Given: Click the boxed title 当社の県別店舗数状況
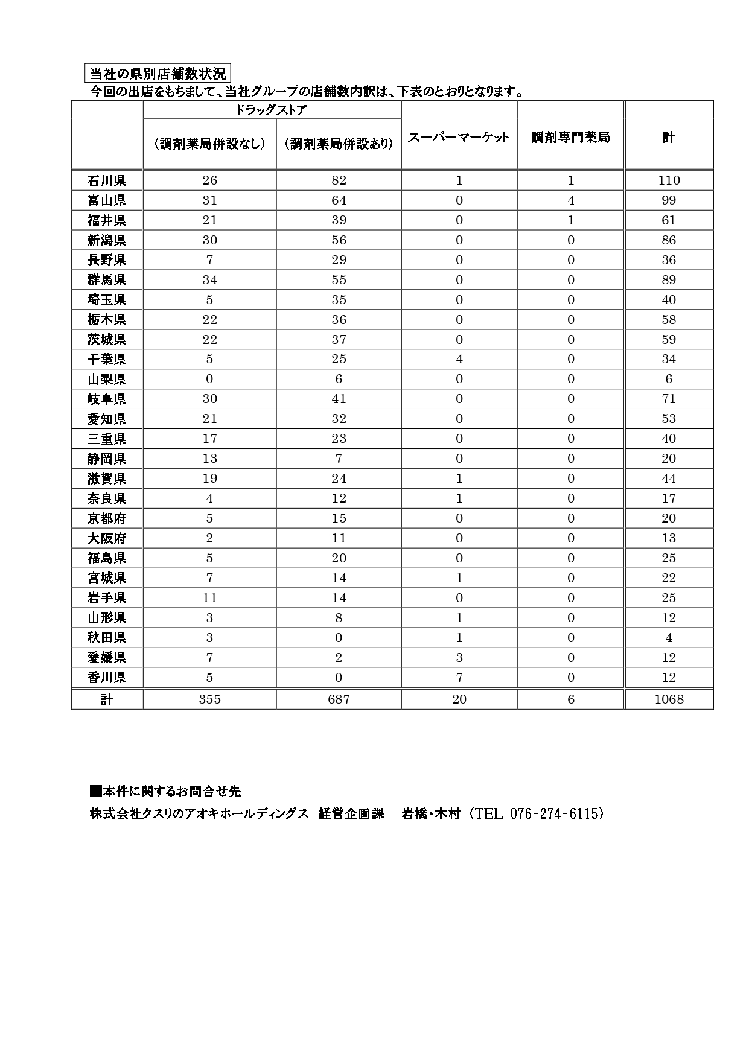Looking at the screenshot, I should pos(158,74).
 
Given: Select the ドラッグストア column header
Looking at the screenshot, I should pos(272,110).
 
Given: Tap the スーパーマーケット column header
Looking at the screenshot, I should pos(459,137).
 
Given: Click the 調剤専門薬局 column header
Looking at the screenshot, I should pos(570,137).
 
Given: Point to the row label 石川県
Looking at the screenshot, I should pos(107,180).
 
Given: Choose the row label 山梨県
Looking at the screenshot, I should pos(107,379).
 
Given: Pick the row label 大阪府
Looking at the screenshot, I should pos(107,538).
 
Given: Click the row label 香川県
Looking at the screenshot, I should pos(107,678).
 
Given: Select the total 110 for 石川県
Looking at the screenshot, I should pos(669,180).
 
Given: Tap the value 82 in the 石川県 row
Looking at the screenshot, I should pos(339,180).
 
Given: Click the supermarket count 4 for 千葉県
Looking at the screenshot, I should pos(459,359).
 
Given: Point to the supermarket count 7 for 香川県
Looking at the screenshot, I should pos(459,678).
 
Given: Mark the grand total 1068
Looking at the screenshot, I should pos(669,699).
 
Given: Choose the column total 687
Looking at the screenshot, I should pos(339,699).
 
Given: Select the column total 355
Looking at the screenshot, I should pos(209,699).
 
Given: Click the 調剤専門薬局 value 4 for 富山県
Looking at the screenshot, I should pos(571,200).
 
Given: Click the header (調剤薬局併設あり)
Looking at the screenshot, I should pos(339,144).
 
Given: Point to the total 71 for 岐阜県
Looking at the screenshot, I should pos(669,399).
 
